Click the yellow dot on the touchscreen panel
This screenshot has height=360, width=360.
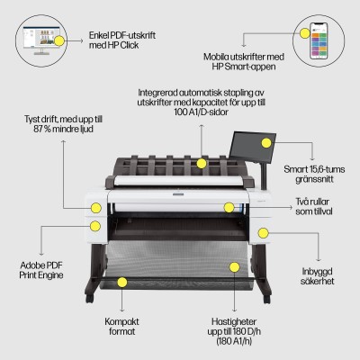[266, 142]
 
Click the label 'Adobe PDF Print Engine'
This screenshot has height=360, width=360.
[43, 270]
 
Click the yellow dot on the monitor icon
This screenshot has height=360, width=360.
[59, 40]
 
